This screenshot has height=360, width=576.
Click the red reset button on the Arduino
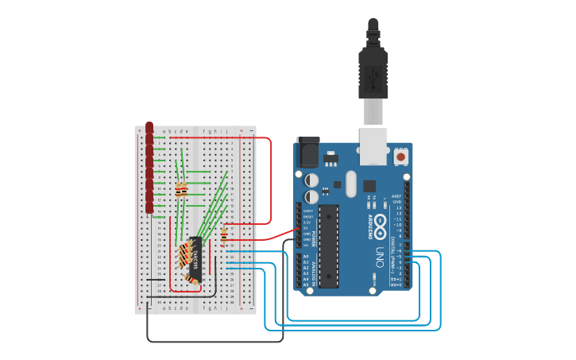point(401,157)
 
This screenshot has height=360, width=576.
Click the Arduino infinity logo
point(381,225)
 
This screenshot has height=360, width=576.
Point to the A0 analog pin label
point(305,257)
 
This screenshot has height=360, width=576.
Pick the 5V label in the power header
point(306,229)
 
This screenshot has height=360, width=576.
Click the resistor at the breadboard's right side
point(224,234)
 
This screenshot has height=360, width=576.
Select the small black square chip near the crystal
point(369,186)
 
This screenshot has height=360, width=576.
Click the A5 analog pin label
point(305,285)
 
